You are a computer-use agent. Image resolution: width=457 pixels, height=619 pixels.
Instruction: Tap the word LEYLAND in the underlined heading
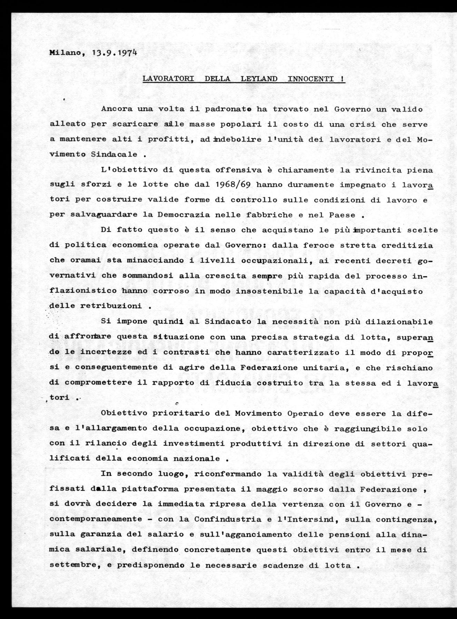(259, 79)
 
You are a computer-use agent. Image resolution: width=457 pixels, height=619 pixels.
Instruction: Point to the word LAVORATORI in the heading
(168, 79)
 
